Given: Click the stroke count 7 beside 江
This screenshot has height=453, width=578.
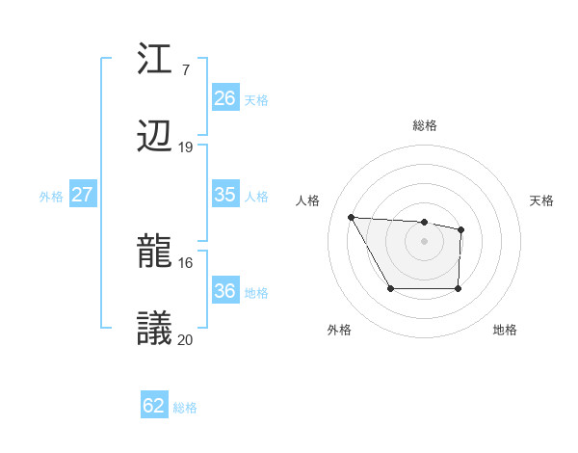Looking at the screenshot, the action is pos(185,69).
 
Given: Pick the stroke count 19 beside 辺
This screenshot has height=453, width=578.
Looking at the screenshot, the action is pos(186,147).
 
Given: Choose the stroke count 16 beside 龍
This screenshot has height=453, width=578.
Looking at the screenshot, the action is pos(186,262).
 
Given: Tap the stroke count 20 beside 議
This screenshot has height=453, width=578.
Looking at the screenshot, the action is pos(186,339).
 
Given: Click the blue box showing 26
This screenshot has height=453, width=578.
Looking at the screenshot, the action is pos(224,97).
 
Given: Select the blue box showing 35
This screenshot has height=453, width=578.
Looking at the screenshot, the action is pos(224,194).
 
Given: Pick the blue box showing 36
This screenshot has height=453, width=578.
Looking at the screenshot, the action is pos(224,291).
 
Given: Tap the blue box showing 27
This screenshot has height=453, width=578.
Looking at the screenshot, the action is pos(82,194).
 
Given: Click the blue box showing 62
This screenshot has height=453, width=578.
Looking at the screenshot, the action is pos(154,406).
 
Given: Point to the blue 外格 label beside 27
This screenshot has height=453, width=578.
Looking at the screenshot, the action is pos(51,196).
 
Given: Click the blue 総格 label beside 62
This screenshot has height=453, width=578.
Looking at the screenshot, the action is pos(185,408).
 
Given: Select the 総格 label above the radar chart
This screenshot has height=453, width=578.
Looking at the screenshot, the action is pos(424,125).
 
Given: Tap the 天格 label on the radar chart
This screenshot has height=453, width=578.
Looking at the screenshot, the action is pos(542,200).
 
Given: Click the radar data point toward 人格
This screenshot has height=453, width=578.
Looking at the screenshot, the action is pos(351,217).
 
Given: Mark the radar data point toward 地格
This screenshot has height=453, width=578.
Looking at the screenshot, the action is pos(458,288).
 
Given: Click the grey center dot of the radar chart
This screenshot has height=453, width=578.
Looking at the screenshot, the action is pos(424,240).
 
